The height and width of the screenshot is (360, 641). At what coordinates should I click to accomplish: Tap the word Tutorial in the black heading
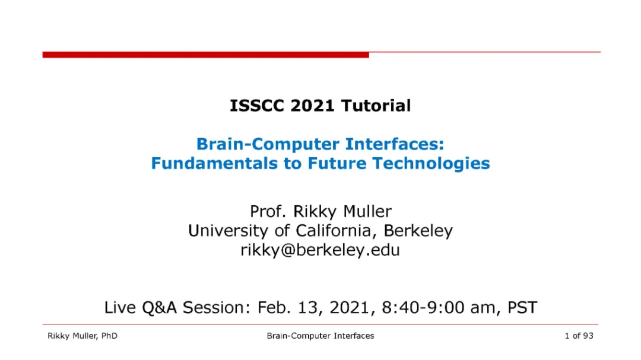376,106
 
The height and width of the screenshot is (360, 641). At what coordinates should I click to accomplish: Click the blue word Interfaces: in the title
395,144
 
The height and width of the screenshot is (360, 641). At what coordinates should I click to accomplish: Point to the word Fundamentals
215,164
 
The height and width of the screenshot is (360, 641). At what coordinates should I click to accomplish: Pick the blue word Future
337,164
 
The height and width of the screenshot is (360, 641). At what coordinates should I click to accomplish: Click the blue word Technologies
431,164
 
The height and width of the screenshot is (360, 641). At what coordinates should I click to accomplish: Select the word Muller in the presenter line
367,211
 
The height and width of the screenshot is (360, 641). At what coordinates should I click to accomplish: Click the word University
228,231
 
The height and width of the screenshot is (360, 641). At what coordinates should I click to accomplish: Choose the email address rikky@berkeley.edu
320,250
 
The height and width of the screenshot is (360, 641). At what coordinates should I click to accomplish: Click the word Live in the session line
120,307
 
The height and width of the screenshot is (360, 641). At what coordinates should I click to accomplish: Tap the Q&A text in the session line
160,308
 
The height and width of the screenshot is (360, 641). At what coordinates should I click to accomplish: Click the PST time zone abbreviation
522,307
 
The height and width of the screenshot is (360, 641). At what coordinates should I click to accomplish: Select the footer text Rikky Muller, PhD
82,336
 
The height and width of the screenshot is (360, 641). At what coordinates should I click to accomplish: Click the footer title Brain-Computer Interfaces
320,336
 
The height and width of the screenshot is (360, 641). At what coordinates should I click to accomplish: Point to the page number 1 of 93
579,336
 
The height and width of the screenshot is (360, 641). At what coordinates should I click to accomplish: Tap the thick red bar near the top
205,55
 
